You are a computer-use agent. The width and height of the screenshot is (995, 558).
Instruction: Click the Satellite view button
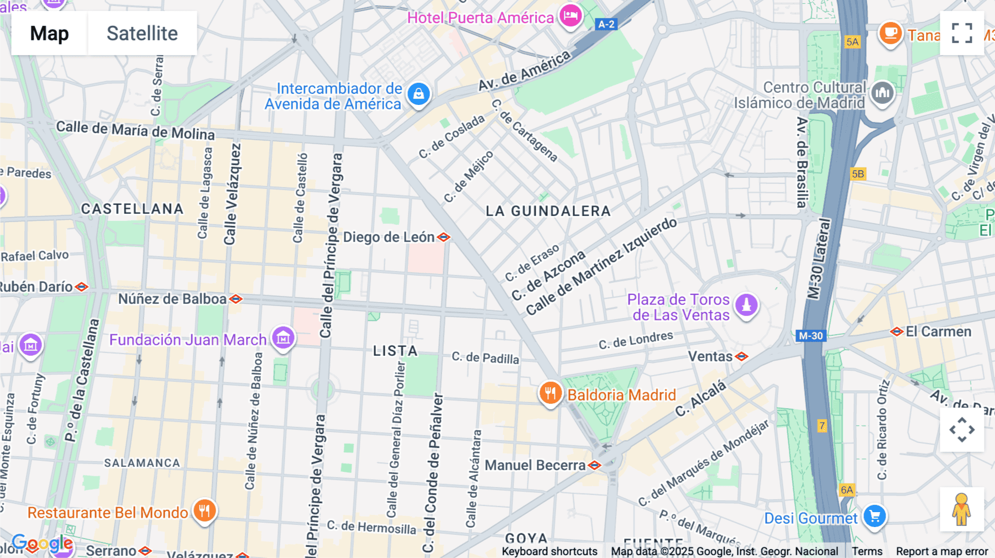142,33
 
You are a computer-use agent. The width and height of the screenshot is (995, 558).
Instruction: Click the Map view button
49,33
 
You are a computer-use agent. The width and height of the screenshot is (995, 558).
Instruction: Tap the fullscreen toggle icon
962,33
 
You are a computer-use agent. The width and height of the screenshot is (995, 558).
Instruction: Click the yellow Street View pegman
961,509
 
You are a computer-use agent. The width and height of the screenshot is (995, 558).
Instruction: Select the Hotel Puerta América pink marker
570,15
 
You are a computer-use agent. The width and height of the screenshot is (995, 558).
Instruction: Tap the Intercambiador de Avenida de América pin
418,94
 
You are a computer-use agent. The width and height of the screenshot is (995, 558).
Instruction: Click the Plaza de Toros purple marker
746,304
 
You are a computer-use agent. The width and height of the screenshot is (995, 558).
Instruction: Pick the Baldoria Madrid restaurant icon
550,393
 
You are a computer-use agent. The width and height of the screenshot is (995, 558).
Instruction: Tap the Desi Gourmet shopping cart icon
874,517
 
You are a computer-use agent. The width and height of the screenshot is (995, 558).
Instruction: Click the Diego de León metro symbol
443,237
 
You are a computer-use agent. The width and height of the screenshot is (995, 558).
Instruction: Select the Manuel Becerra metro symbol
595,465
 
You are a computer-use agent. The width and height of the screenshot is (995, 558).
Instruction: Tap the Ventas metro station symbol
741,356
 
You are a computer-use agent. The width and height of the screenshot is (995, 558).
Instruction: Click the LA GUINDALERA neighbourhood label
548,211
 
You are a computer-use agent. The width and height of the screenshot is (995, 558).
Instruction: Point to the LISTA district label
395,351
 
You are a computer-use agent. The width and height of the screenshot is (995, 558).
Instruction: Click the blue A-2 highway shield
606,24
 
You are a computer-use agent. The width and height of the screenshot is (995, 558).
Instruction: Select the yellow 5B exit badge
857,174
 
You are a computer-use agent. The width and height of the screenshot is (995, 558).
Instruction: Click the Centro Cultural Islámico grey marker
882,93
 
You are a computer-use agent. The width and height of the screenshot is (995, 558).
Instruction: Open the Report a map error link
941,551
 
